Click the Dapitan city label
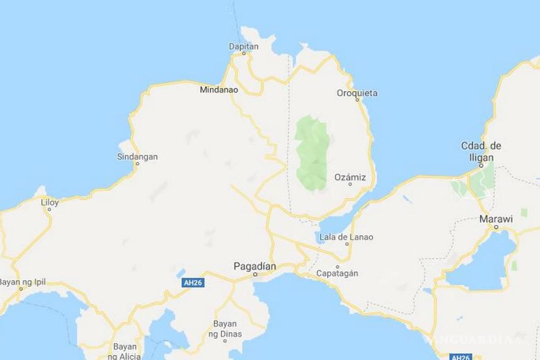[x=243, y=46]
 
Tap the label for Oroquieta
[x=357, y=93]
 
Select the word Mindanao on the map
[x=219, y=90]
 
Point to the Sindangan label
[x=137, y=157]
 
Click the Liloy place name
[x=49, y=202]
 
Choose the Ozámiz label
[x=350, y=177]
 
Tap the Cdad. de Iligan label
[x=481, y=152]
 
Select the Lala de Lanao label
[x=346, y=237]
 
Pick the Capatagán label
[x=337, y=273]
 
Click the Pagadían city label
[x=255, y=266]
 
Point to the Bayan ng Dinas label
[x=228, y=329]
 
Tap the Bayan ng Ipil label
[x=22, y=283]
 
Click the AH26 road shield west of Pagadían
[x=192, y=283]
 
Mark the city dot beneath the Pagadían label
[x=255, y=274]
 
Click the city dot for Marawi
[x=496, y=228]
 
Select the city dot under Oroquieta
[x=357, y=100]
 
